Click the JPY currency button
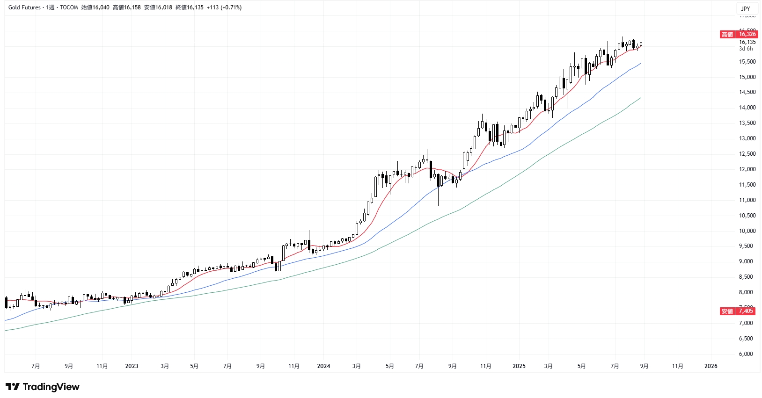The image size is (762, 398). [x=746, y=8]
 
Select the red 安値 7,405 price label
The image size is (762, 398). [x=737, y=311]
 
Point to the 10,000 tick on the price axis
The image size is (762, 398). [x=747, y=231]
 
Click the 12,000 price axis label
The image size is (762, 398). [x=747, y=169]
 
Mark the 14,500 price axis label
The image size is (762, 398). [x=747, y=92]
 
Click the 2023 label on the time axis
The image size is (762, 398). [x=132, y=366]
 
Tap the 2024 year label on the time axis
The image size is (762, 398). [x=323, y=366]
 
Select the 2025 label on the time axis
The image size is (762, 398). [x=519, y=366]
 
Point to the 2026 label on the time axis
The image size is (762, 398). [x=711, y=366]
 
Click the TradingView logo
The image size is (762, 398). [x=43, y=387]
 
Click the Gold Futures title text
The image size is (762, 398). [x=24, y=7]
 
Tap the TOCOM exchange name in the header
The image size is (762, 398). [x=69, y=7]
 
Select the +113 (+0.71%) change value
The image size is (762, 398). [x=224, y=7]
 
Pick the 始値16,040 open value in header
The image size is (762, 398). [x=95, y=7]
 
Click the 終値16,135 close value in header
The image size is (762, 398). [x=190, y=7]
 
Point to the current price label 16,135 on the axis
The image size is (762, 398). [x=747, y=42]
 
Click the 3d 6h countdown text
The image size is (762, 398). [x=746, y=49]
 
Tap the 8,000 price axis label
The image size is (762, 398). [x=747, y=292]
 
